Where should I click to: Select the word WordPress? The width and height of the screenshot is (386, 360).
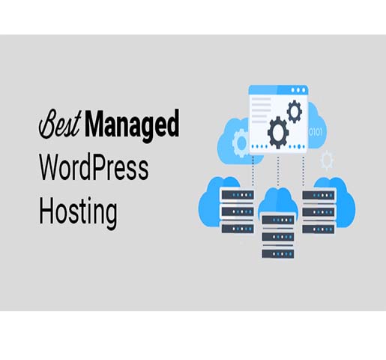94,166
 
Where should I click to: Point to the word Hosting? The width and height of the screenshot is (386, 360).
78,212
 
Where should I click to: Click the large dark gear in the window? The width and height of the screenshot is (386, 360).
278,133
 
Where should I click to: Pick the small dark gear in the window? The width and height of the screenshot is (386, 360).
295,112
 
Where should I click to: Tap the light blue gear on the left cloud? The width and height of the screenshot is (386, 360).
241,142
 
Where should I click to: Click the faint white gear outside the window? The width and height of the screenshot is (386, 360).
327,160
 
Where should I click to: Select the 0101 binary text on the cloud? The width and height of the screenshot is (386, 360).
316,132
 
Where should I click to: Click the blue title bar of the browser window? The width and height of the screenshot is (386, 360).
278,90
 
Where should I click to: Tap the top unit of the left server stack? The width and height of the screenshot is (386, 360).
238,195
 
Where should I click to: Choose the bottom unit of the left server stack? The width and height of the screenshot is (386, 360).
238,229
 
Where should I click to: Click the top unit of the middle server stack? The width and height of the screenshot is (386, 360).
278,220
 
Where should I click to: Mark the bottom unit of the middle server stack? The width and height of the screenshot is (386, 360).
278,254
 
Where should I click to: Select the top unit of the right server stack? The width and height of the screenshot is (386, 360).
319,195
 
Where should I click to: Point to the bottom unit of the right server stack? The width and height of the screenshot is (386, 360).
319,229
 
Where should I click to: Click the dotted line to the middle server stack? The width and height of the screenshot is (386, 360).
278,171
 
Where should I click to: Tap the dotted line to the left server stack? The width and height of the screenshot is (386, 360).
253,171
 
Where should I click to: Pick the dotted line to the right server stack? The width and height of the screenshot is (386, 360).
304,171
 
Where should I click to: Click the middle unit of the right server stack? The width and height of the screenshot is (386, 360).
319,212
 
